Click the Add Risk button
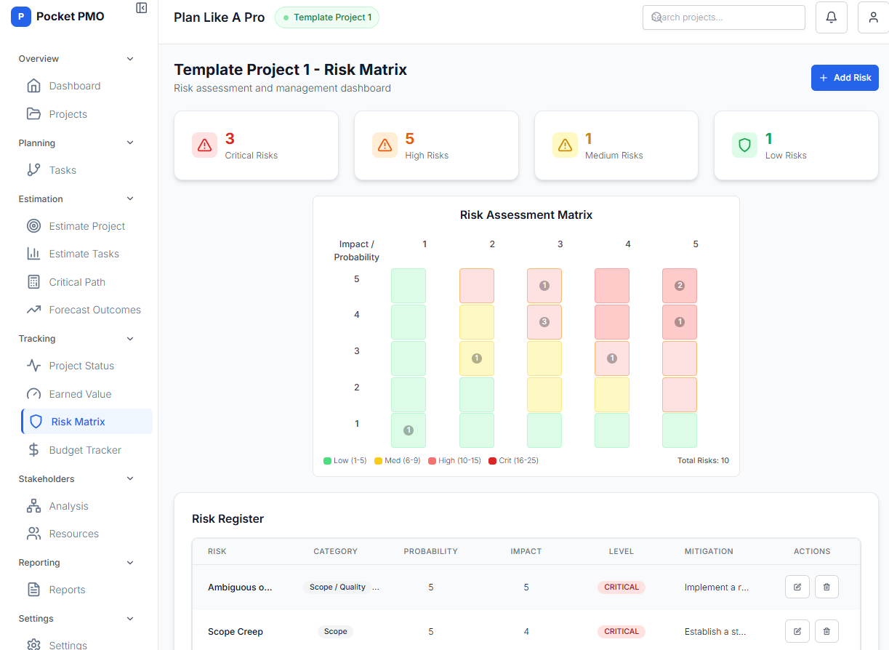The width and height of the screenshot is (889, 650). coord(845,78)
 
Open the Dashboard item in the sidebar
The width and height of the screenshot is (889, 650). coord(74,86)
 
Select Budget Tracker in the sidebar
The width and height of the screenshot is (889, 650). coord(84,450)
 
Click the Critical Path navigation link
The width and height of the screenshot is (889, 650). coord(76,282)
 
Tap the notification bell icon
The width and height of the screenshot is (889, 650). coord(832,17)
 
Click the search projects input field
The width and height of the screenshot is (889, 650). coord(723,17)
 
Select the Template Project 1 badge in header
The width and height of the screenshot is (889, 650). coord(326,17)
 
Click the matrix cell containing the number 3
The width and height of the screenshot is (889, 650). coord(544,322)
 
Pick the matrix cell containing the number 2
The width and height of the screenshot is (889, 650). coord(680,286)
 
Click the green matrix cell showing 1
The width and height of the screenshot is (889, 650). coord(409,430)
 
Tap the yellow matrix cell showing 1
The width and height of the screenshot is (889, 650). coord(477,358)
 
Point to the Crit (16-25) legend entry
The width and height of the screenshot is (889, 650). coord(513,461)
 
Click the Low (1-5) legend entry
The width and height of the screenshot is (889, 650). coord(345,461)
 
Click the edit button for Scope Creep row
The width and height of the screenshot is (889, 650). coord(797,631)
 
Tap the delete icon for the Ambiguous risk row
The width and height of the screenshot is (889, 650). coord(826,587)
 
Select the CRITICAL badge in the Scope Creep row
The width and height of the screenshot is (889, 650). coord(622,631)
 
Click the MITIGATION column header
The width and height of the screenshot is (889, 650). coord(709,551)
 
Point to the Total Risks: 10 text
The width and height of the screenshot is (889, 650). coord(703,461)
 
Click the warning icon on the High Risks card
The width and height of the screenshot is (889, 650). coord(385,145)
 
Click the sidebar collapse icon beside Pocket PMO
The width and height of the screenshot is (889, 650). coord(142,7)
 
